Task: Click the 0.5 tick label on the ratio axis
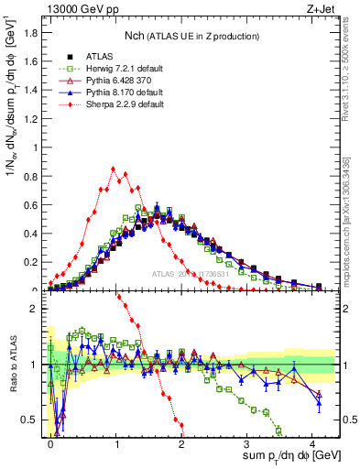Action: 29,420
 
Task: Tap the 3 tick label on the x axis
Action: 247,443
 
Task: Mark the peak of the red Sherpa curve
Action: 113,169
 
